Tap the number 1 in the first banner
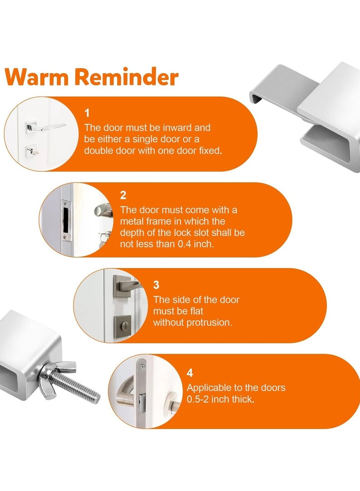tap(87, 112)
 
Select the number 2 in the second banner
tap(123, 196)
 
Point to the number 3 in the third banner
tap(156, 285)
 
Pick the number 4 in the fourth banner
tap(190, 373)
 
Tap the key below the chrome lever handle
tap(32, 152)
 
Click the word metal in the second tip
tap(132, 221)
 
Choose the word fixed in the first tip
tap(211, 151)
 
